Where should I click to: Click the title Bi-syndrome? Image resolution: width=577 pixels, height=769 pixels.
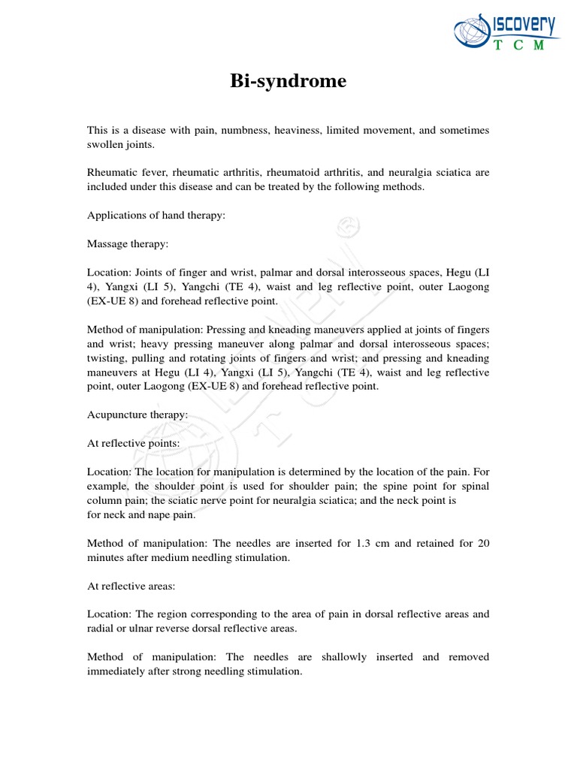288,82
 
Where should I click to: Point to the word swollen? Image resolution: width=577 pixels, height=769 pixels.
107,144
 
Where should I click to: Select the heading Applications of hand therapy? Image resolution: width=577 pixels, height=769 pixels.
156,216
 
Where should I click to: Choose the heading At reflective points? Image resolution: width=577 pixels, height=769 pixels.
134,444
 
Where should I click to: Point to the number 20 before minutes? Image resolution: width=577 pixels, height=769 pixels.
482,544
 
